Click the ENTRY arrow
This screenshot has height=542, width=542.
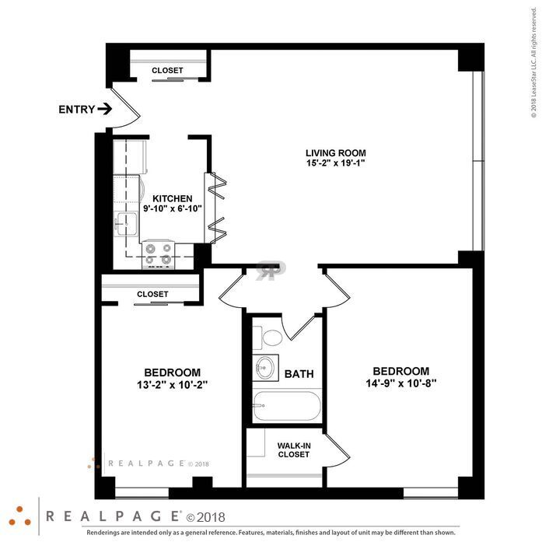pyautogui.click(x=105, y=109)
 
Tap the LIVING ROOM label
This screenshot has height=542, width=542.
pyautogui.click(x=336, y=152)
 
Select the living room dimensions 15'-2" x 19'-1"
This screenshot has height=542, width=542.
pyautogui.click(x=336, y=163)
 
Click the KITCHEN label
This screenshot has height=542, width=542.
pyautogui.click(x=173, y=199)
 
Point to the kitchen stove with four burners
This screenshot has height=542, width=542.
pyautogui.click(x=159, y=254)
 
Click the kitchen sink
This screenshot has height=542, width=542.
pyautogui.click(x=126, y=224)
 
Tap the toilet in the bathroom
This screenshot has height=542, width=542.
pyautogui.click(x=268, y=337)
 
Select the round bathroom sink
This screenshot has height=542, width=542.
pyautogui.click(x=265, y=368)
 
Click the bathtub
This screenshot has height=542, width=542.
pyautogui.click(x=287, y=406)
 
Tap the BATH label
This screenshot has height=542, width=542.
pyautogui.click(x=299, y=374)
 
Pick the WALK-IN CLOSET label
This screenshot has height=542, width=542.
pyautogui.click(x=294, y=450)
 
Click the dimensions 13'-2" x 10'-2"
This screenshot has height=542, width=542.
pyautogui.click(x=172, y=385)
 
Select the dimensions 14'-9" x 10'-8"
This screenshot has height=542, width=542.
pyautogui.click(x=401, y=383)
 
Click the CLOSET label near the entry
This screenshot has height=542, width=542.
pyautogui.click(x=167, y=70)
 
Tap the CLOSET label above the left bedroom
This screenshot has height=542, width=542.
pyautogui.click(x=152, y=294)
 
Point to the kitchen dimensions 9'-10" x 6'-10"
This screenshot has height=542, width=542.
pyautogui.click(x=173, y=208)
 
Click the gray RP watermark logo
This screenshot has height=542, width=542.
pyautogui.click(x=271, y=271)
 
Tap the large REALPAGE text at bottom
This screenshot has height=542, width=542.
pyautogui.click(x=113, y=516)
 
